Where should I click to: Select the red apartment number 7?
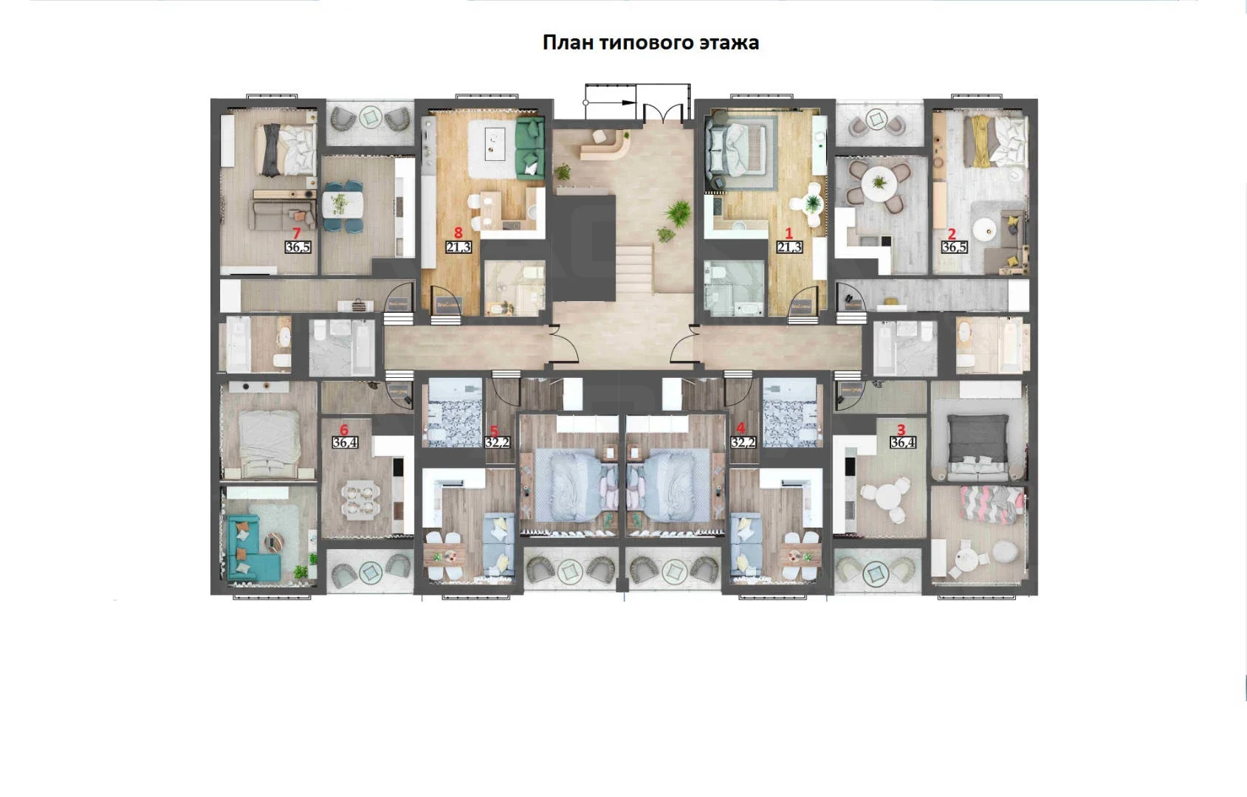click(296, 234)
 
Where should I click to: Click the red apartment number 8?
click(458, 232)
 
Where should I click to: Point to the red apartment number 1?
click(789, 234)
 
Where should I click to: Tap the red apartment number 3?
click(901, 429)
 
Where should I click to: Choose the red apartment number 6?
click(343, 429)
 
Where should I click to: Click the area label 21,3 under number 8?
click(458, 246)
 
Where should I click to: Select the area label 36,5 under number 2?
click(954, 246)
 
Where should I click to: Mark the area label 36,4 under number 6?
click(345, 443)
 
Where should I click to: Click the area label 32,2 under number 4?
click(743, 443)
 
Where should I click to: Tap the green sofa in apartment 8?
click(529, 148)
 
